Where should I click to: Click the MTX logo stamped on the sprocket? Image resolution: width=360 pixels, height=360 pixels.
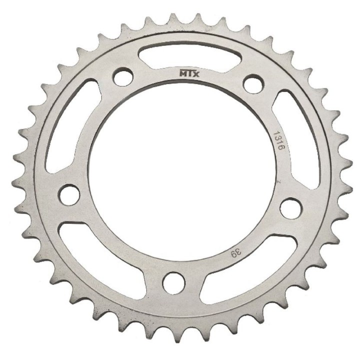coord(189,73)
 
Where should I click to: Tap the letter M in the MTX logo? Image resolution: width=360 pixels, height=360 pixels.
coord(183,73)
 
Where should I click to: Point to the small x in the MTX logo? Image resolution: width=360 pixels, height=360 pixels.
coord(196,74)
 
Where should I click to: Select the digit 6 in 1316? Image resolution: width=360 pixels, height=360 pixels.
coord(280,147)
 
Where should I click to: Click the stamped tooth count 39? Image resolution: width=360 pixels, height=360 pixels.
coord(236,253)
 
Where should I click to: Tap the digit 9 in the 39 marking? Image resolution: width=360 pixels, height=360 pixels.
coord(234,254)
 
